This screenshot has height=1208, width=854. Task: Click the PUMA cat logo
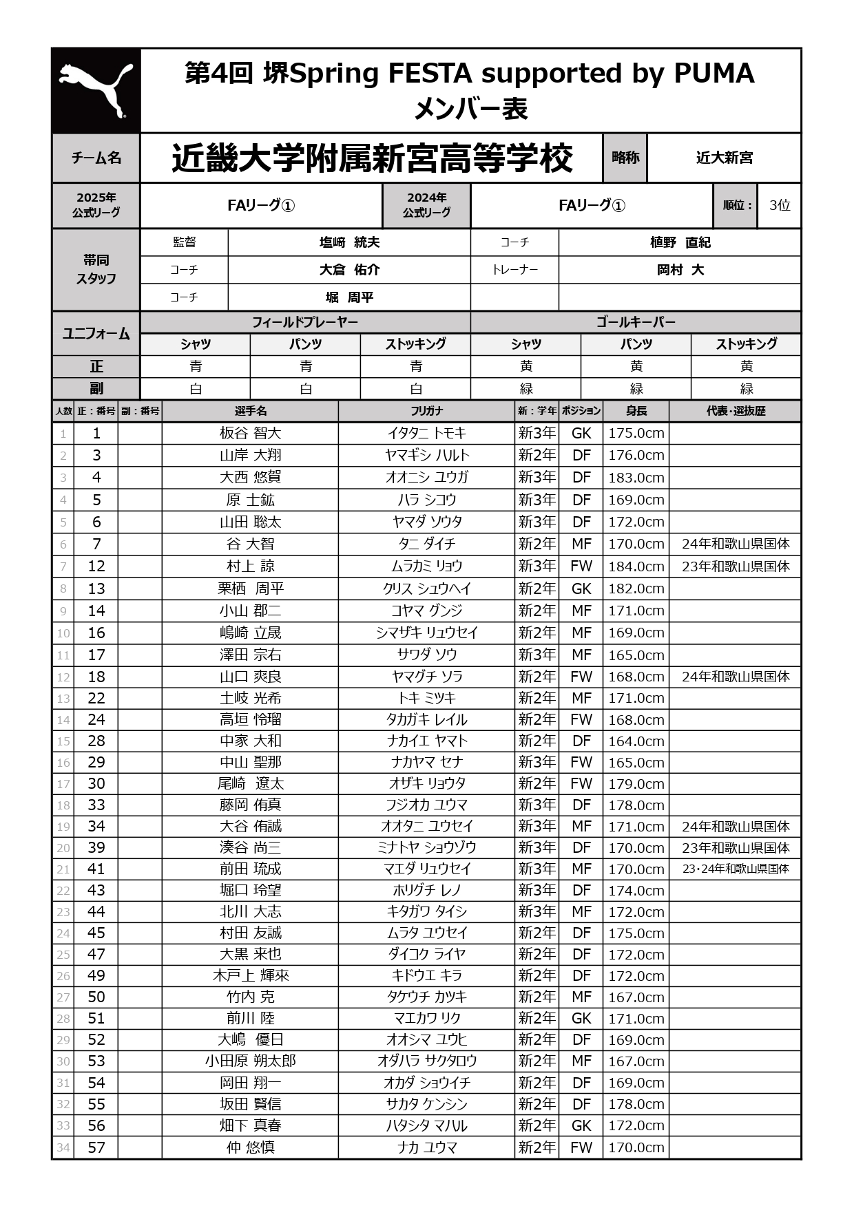[x=96, y=90]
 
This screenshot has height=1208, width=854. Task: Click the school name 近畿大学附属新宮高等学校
[x=372, y=158]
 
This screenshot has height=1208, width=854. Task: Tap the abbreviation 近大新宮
[x=724, y=158]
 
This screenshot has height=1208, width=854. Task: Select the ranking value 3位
[x=780, y=205]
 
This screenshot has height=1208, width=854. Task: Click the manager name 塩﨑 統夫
[x=349, y=242]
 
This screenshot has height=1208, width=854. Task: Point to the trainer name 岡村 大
[x=680, y=270]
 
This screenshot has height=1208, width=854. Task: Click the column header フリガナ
[x=426, y=411]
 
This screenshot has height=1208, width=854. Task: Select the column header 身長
[x=636, y=411]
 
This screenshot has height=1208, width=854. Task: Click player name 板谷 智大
[x=250, y=433]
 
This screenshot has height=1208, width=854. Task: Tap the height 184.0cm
[x=636, y=566]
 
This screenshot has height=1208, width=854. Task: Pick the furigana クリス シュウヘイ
[x=426, y=589]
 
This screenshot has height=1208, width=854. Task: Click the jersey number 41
[x=96, y=869]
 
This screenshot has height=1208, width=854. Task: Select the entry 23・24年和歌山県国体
[x=735, y=869]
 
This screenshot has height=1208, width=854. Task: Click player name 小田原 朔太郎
[x=250, y=1061]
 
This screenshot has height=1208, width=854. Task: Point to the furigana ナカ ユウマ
[x=426, y=1147]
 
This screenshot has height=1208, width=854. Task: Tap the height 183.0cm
[x=636, y=478]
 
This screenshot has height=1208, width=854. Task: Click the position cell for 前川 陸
[x=581, y=1018]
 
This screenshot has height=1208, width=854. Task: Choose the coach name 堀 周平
[x=349, y=297]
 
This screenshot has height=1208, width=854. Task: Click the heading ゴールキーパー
[x=635, y=322]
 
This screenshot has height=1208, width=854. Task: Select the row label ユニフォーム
[x=96, y=333]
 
